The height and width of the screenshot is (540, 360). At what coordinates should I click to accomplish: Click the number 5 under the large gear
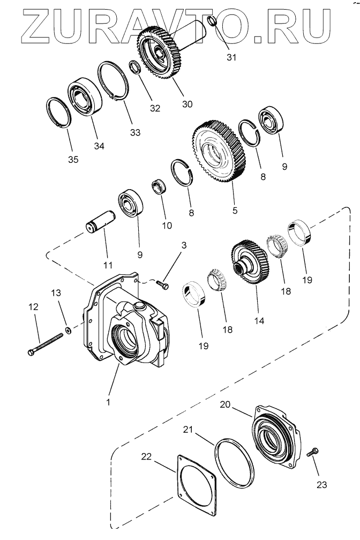235,211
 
